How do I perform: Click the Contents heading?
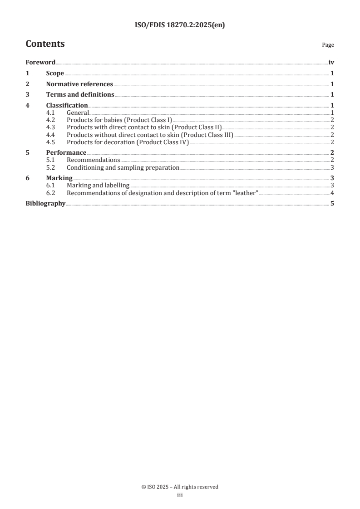pos(45,44)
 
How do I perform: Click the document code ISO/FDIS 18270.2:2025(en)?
pos(180,25)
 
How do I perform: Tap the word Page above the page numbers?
pos(328,45)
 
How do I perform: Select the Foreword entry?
pos(40,63)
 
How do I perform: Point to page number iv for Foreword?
pos(331,63)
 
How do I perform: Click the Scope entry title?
pos(55,73)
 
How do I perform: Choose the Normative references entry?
pos(79,84)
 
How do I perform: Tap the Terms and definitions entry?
pos(80,95)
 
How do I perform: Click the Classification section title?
pos(67,106)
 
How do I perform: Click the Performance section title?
pos(66,153)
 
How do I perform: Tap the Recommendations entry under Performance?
pos(93,160)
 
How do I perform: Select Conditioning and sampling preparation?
pos(123,167)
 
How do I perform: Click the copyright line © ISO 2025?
pos(180,487)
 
